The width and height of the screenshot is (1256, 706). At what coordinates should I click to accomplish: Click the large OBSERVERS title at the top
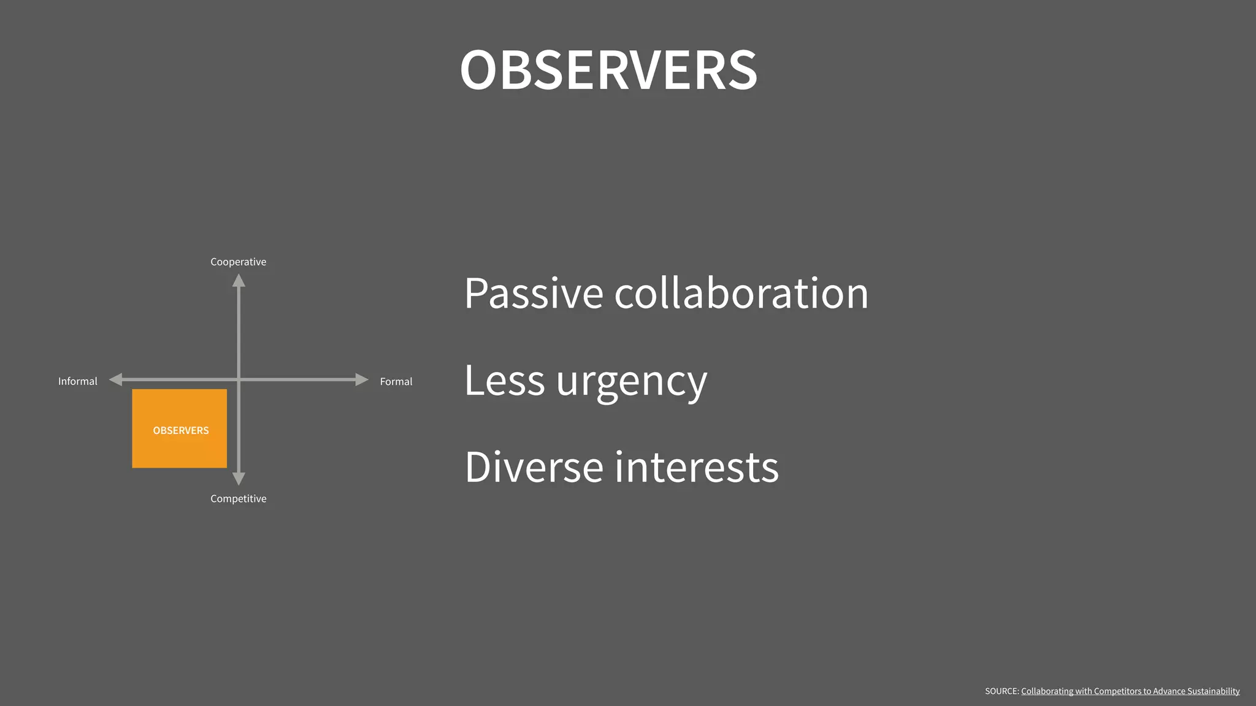pos(608,70)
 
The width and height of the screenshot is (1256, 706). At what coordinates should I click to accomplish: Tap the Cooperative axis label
pos(238,262)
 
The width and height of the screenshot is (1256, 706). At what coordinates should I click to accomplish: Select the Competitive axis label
pos(238,499)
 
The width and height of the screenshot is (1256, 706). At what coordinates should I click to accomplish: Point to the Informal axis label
pos(77,381)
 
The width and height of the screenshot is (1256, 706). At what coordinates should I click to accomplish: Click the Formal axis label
pos(396,381)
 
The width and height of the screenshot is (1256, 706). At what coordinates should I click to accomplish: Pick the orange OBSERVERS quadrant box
pos(179,428)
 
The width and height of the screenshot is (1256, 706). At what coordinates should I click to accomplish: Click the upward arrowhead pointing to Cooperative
pos(239,281)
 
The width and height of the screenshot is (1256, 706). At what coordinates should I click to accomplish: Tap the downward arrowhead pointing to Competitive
pos(239,478)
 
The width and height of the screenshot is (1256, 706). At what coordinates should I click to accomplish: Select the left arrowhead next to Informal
pos(116,380)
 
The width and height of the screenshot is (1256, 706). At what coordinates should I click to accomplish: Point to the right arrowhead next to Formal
pos(361,380)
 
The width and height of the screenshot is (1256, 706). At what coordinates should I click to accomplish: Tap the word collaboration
pos(741,293)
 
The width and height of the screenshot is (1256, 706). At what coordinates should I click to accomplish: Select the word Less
pos(504,380)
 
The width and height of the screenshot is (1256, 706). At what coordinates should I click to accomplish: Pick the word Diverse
pos(534,467)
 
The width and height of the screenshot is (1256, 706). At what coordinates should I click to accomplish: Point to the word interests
pos(697,467)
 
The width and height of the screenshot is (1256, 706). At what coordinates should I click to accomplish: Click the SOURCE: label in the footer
pos(1001,691)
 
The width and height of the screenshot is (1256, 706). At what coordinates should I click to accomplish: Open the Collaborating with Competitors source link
pos(1130,691)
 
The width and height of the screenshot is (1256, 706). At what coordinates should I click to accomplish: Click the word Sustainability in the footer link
pos(1213,691)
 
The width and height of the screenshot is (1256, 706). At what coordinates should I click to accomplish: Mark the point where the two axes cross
pos(239,380)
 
